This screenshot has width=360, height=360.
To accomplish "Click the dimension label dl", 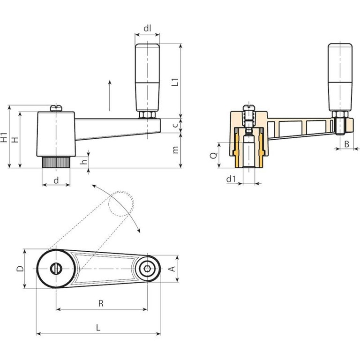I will (147, 28).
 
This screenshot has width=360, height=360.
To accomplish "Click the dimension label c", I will (174, 124).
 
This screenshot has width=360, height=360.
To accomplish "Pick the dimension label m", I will (174, 150).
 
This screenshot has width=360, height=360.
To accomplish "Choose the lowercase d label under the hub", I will (56, 180).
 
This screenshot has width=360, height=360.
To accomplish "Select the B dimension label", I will (346, 144).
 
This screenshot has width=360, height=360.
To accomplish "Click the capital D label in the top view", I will (20, 269).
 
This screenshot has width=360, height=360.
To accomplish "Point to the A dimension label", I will (172, 269).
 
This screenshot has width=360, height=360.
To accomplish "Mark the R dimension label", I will (101, 303).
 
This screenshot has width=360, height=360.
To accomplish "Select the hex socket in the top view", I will (147, 269).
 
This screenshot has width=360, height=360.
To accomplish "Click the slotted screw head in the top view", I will (56, 269).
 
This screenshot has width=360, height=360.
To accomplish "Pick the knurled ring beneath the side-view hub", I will (56, 163).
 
